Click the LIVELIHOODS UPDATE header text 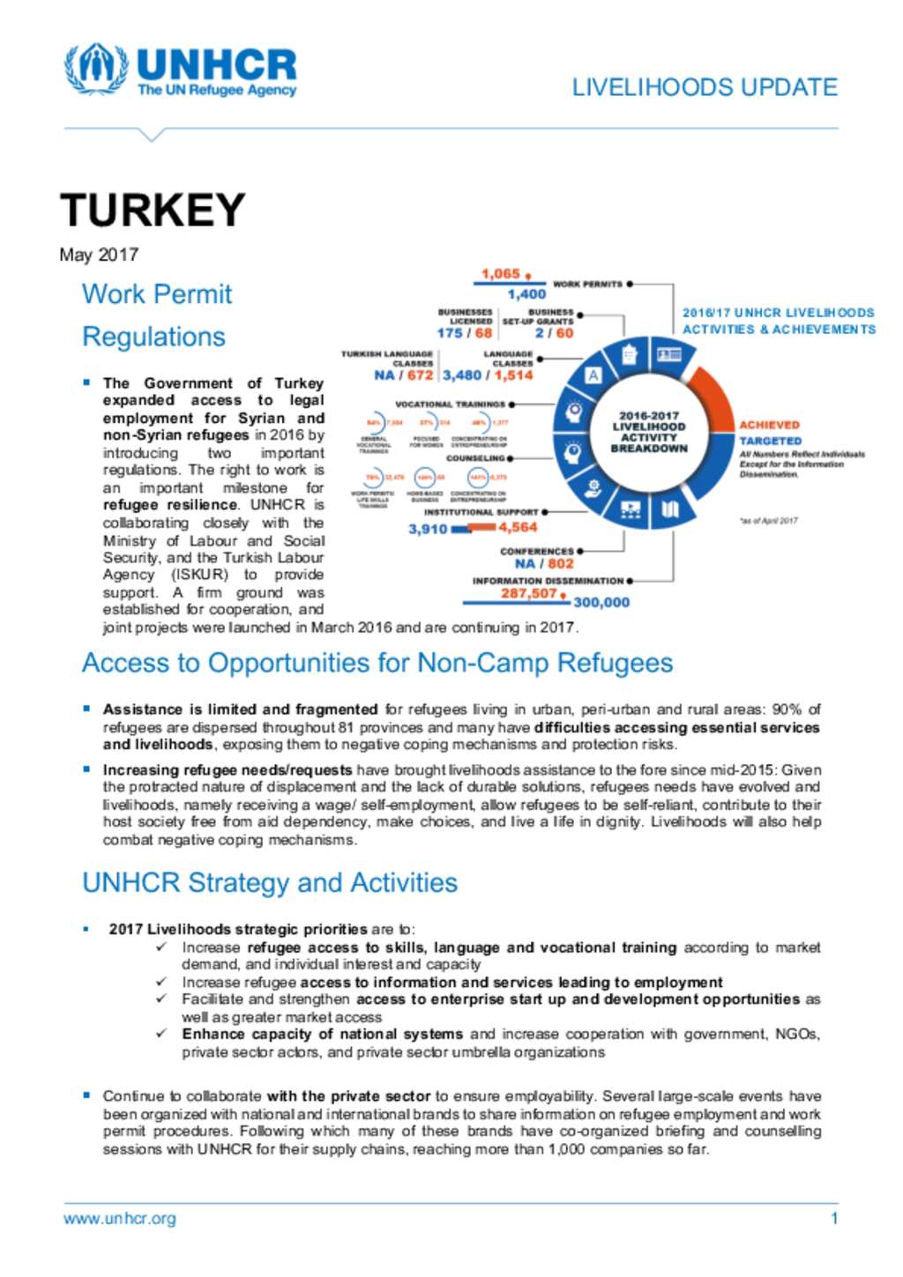pos(705,87)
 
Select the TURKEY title pos(153,210)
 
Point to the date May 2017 pos(99,255)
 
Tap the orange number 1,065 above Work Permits pos(500,274)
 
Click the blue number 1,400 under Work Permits pos(526,294)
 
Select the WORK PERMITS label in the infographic pos(587,285)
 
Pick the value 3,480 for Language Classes pos(462,375)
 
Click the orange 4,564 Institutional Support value pos(518,527)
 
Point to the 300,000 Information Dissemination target pos(601,603)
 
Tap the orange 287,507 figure pos(529,593)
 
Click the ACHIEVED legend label pos(769,425)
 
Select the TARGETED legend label pos(770,441)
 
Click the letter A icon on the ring pos(593,375)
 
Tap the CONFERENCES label pos(536,551)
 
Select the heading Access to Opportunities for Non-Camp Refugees pos(377,663)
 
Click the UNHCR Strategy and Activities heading pos(270,882)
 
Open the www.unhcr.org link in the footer pos(120,1219)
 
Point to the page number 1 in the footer pos(833,1219)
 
